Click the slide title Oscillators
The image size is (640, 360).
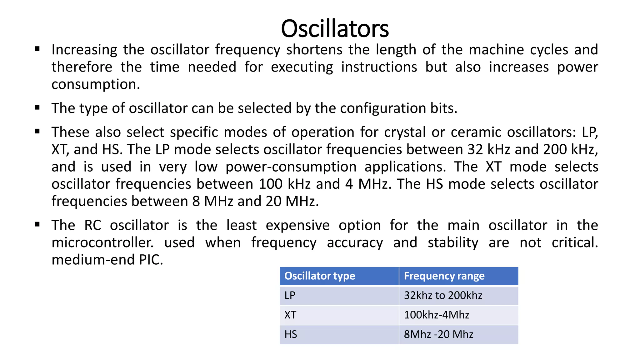(335, 29)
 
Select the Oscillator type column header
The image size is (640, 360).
(320, 276)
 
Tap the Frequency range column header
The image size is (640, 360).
(444, 276)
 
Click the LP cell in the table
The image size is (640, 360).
(290, 295)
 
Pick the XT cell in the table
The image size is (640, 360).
(290, 315)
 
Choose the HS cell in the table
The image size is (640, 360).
(291, 334)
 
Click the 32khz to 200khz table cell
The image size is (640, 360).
(443, 295)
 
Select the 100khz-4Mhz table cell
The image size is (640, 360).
(437, 315)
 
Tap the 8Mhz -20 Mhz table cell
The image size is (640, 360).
(438, 334)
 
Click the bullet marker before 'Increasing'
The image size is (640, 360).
(37, 49)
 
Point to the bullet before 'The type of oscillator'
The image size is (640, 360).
(37, 108)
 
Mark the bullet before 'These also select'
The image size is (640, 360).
(37, 132)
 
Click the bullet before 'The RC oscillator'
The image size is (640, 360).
(37, 224)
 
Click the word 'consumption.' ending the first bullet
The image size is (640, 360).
(96, 84)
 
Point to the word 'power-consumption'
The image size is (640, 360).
(291, 167)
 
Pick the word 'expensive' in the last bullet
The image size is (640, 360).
(297, 225)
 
